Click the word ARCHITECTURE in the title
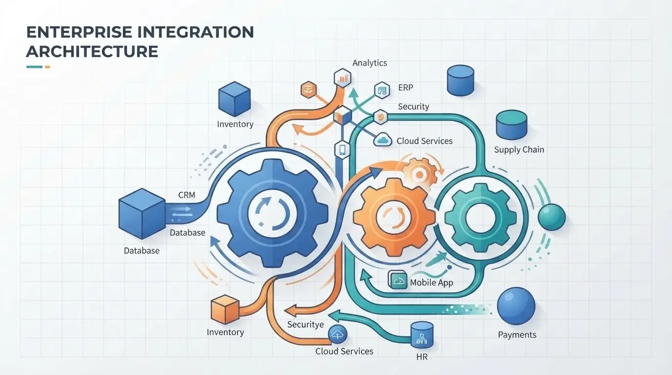(92, 51)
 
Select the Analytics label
(370, 63)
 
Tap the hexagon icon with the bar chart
(343, 78)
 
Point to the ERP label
(406, 87)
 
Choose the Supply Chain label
(519, 150)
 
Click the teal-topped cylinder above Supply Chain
(511, 125)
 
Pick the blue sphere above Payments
(516, 306)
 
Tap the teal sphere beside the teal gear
(551, 217)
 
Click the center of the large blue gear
(273, 213)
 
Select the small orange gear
(420, 174)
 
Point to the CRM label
(187, 195)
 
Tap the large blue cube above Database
(142, 213)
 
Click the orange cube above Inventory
(225, 309)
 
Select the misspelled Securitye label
(305, 325)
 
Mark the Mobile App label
(431, 283)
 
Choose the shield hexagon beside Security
(380, 117)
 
